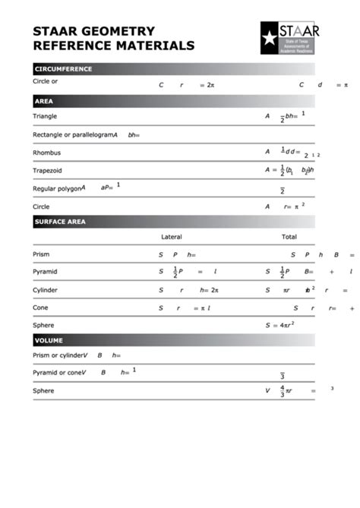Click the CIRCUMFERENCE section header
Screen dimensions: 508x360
[63, 69]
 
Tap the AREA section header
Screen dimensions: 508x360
[43, 101]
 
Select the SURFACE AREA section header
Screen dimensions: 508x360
[60, 222]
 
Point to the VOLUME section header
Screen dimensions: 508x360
[49, 340]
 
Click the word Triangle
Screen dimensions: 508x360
[45, 116]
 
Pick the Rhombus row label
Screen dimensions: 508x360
[47, 153]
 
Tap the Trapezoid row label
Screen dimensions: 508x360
[48, 171]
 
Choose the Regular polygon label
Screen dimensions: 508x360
[57, 188]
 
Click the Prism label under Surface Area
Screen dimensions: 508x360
[41, 254]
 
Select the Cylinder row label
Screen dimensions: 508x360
[45, 290]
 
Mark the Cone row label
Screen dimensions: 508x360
[40, 308]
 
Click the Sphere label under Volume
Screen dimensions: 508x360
[43, 390]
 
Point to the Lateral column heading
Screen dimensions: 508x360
[172, 237]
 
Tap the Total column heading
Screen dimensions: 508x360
[289, 237]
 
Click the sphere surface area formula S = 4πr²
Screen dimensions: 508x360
[279, 325]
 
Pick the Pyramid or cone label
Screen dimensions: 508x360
[58, 372]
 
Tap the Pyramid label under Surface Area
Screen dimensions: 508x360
[45, 271]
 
